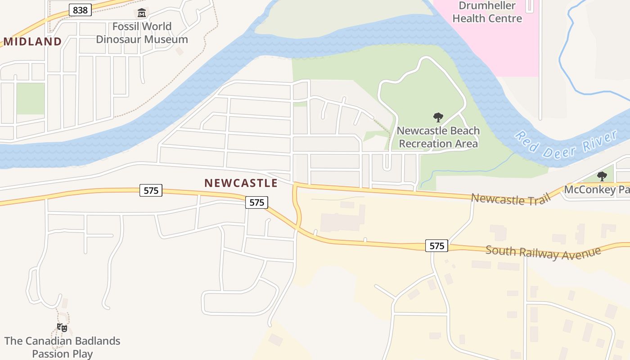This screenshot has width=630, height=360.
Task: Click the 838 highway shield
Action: coord(80,10)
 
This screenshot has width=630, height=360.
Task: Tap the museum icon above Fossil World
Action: coord(142,13)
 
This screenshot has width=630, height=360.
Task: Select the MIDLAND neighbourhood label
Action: coord(33,42)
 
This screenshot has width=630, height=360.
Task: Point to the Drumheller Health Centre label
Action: coord(487,13)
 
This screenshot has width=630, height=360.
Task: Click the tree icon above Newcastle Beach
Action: coord(438,118)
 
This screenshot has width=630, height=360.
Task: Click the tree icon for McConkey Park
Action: coord(602,176)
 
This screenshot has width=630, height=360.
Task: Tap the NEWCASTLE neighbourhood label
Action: coord(241,183)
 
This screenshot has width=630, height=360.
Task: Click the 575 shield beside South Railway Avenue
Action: coord(436,246)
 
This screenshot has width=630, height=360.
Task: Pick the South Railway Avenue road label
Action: coord(543,252)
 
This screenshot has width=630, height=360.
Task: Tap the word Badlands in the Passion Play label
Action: coord(94,341)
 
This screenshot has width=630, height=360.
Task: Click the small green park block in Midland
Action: coord(30,99)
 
